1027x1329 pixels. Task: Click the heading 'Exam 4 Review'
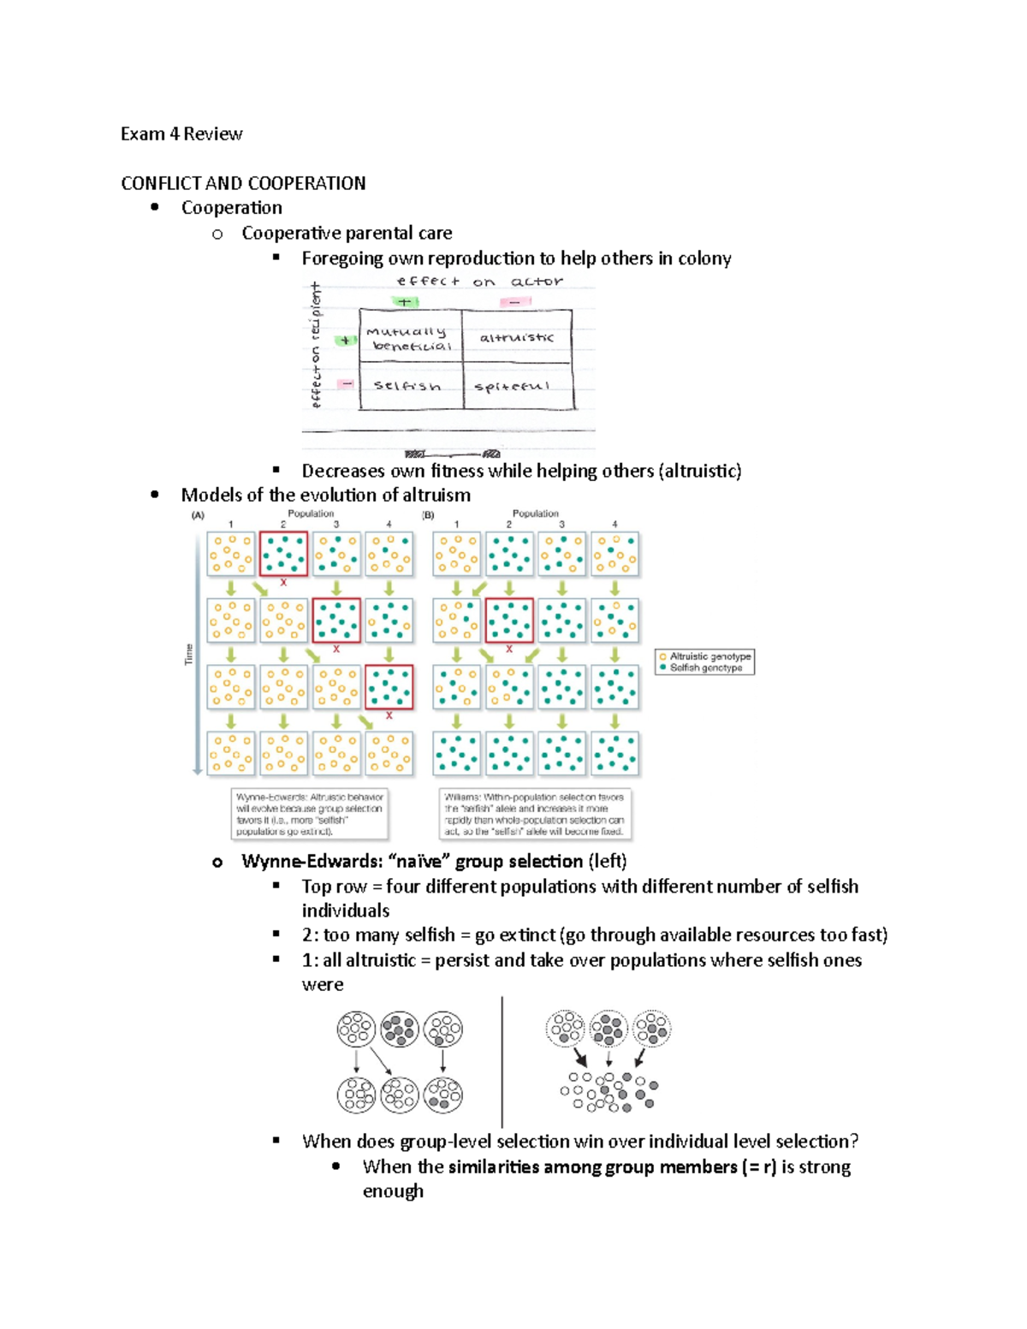tap(181, 133)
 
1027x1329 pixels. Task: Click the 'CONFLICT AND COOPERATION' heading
tap(243, 183)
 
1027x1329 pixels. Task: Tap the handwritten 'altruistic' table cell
tap(516, 337)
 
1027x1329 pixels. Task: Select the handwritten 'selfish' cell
tap(407, 386)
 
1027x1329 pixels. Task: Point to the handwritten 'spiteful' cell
tap(512, 387)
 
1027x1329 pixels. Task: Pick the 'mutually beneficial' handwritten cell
tap(408, 339)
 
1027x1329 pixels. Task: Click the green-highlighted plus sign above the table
tap(404, 301)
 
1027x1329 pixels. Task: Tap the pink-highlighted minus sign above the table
tap(514, 301)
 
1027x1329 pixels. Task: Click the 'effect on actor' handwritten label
tap(479, 281)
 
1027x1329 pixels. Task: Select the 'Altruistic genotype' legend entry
tap(709, 656)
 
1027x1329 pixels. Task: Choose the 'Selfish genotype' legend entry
tap(705, 667)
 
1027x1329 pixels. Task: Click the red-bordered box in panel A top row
tap(283, 554)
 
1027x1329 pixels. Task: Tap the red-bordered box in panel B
tap(509, 620)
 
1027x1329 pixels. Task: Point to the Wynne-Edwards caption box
tap(310, 814)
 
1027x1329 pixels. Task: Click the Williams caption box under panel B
tap(535, 814)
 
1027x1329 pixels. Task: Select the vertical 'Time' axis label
tap(189, 654)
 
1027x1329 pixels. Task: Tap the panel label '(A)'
tap(198, 515)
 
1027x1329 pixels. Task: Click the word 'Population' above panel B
tap(535, 513)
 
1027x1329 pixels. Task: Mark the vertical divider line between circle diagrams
tap(502, 1061)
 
